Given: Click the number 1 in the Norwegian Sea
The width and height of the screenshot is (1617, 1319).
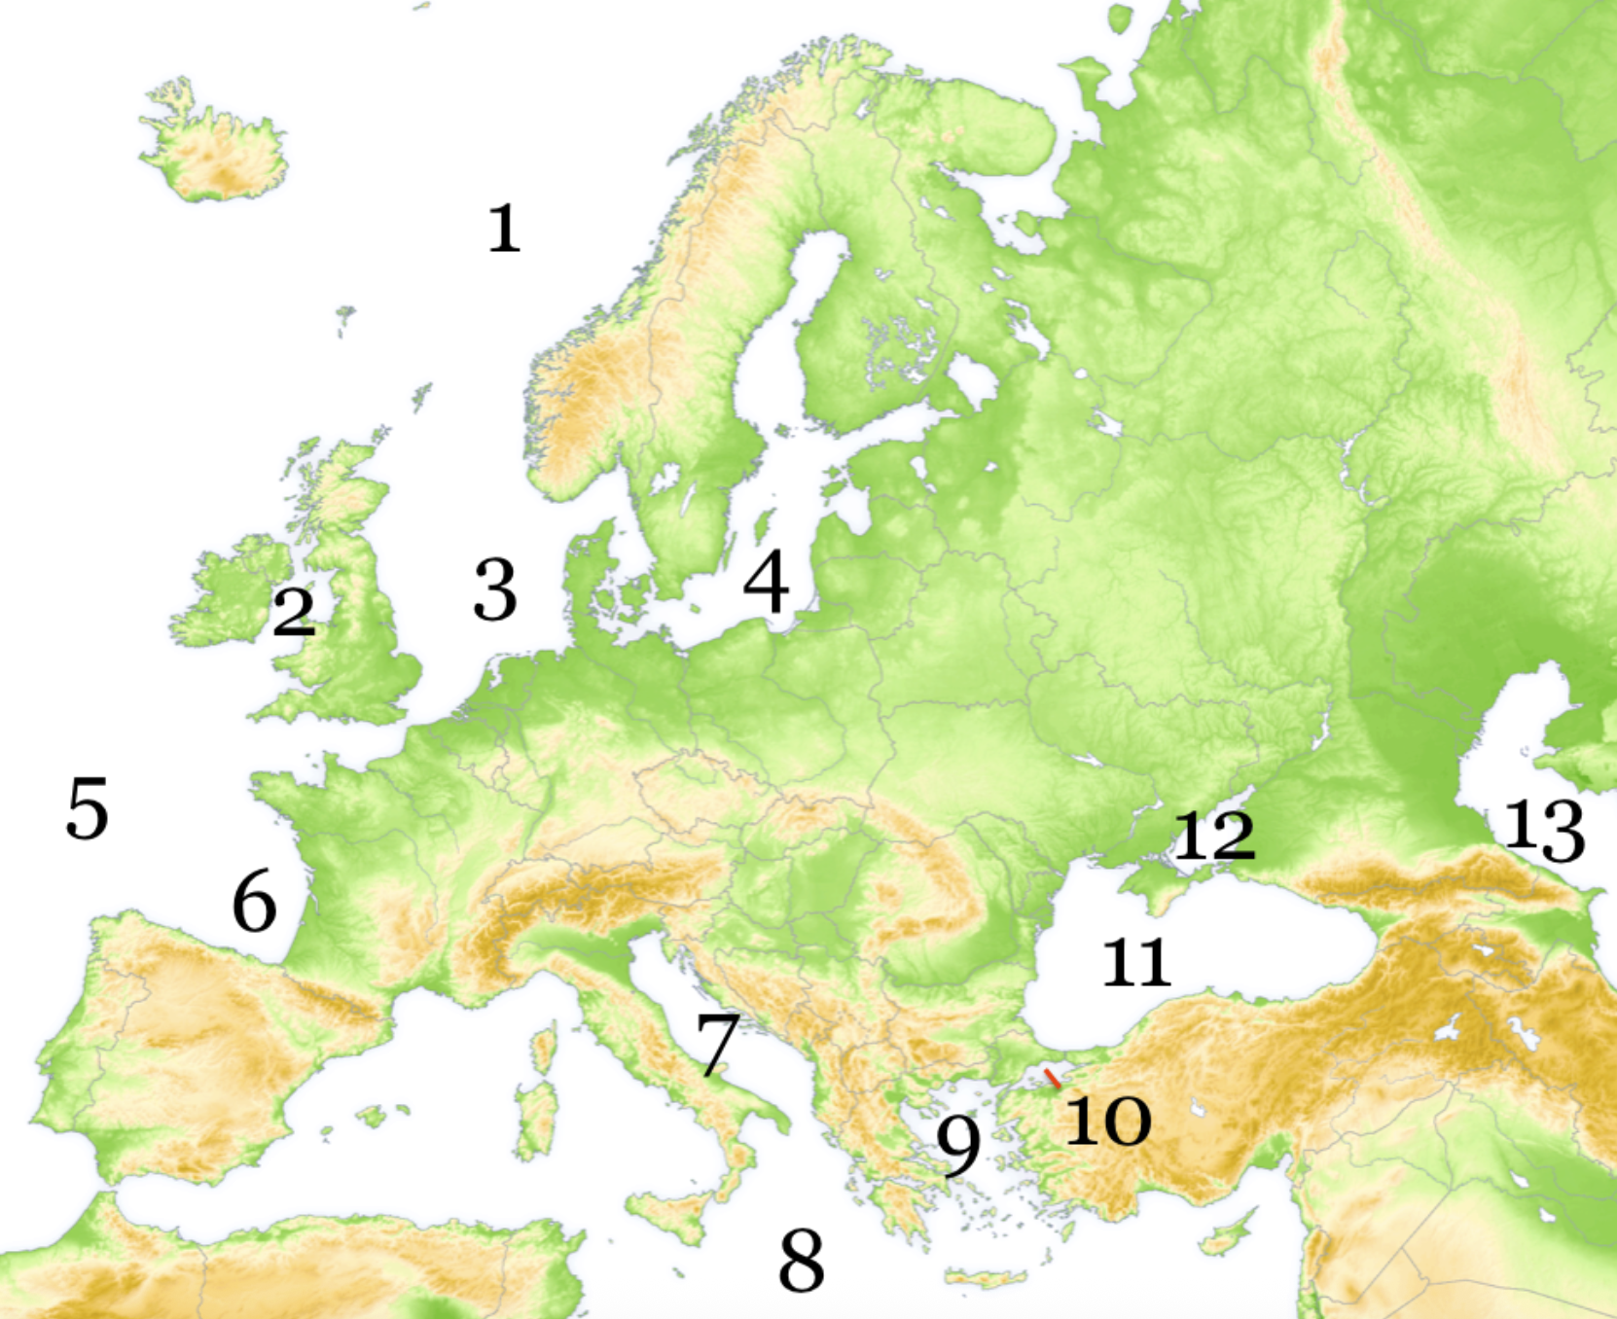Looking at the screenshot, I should [x=504, y=230].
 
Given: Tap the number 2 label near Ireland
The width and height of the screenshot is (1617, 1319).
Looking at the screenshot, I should [x=294, y=612].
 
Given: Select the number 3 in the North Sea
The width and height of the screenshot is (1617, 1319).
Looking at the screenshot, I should [x=495, y=590].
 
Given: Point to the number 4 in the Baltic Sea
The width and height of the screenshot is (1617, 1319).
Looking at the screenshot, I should [x=767, y=582].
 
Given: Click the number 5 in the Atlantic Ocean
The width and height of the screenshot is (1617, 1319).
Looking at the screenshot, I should [x=87, y=809].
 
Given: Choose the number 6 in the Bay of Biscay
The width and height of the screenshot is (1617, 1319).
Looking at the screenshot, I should [x=254, y=902].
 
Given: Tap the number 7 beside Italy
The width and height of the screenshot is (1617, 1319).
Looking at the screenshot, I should [x=718, y=1045].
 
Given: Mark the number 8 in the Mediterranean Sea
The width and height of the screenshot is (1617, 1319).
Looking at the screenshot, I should [x=802, y=1261].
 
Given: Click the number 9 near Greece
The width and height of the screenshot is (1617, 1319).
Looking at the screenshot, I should [x=958, y=1145].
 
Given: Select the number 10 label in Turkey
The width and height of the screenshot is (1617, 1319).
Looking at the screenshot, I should [x=1108, y=1121].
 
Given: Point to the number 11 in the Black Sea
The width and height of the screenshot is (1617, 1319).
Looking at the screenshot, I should [x=1136, y=963].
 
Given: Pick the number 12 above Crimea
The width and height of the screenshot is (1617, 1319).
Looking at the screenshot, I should [x=1214, y=835].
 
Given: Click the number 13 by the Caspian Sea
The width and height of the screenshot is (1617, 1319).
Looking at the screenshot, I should [x=1545, y=831].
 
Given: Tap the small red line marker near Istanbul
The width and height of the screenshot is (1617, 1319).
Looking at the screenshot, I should [x=1052, y=1078].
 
